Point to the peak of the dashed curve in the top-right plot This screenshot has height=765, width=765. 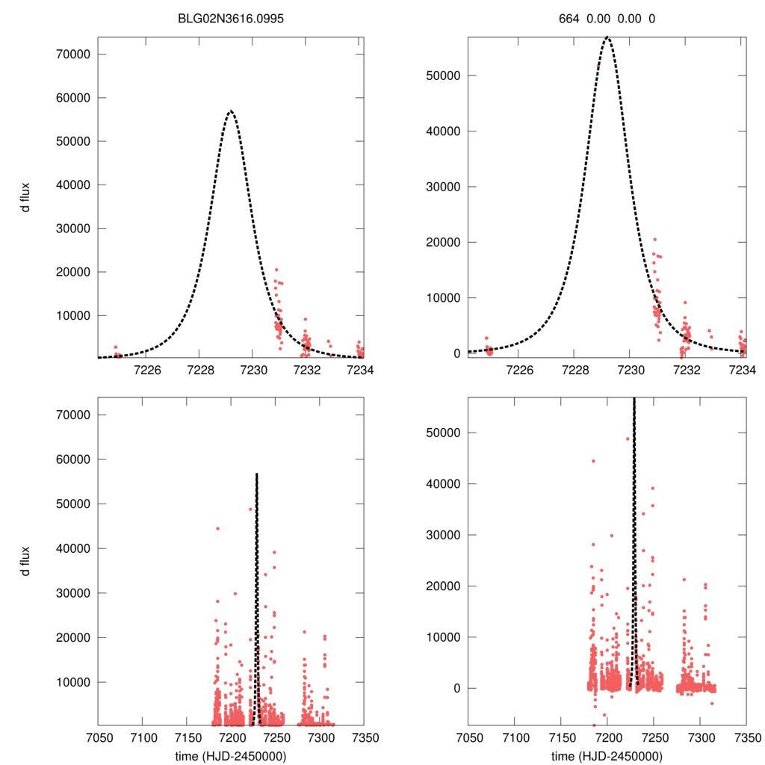(x=607, y=37)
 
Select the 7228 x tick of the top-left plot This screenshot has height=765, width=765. (x=199, y=371)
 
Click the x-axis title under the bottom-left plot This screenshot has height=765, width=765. (x=231, y=756)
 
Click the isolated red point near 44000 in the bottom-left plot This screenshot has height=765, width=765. (x=217, y=528)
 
